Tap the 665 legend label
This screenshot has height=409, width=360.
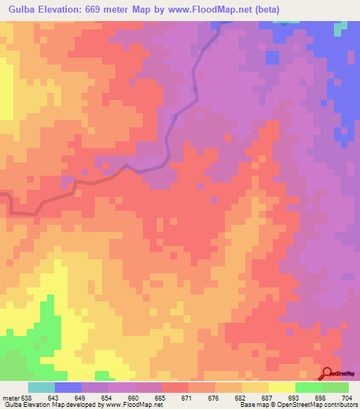pyautogui.click(x=161, y=398)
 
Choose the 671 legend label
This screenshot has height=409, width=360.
pyautogui.click(x=187, y=398)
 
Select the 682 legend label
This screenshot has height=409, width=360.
pyautogui.click(x=240, y=398)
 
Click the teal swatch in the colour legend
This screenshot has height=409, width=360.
pyautogui.click(x=41, y=387)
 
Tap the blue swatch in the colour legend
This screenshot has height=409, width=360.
pyautogui.click(x=68, y=387)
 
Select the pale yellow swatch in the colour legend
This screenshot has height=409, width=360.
pyautogui.click(x=281, y=387)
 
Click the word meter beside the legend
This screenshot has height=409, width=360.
pyautogui.click(x=11, y=398)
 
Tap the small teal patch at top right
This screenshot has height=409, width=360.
pyautogui.click(x=341, y=28)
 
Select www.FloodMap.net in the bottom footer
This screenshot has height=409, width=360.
pyautogui.click(x=133, y=405)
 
